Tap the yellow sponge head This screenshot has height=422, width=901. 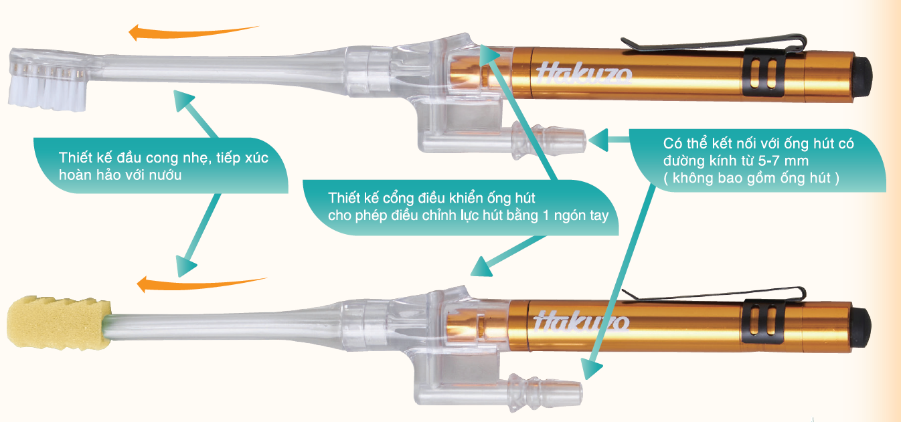[59, 322]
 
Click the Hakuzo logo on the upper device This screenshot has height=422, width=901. [583, 75]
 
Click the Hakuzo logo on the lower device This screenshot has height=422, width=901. [582, 322]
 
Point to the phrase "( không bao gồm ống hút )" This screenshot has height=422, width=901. [751, 178]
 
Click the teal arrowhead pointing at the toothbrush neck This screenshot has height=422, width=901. [183, 100]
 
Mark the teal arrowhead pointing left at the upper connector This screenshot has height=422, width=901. [598, 140]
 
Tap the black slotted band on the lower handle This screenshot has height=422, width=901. [763, 322]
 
